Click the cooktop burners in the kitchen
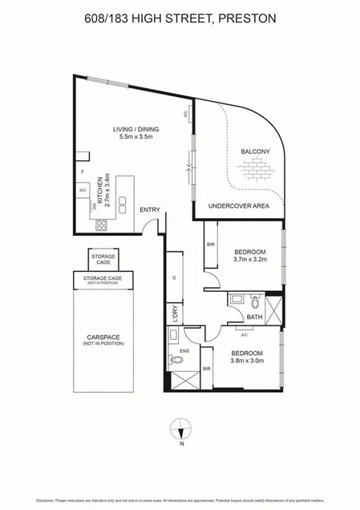point(103,225)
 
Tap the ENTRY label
point(150,210)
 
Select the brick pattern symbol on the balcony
point(257,169)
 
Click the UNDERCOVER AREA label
point(239,206)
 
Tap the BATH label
point(255,317)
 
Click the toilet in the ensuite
point(178,360)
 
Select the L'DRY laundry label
point(176,314)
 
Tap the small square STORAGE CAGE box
point(103,259)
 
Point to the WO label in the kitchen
point(82,190)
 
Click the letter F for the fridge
point(82,172)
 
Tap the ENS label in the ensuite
point(184,350)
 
